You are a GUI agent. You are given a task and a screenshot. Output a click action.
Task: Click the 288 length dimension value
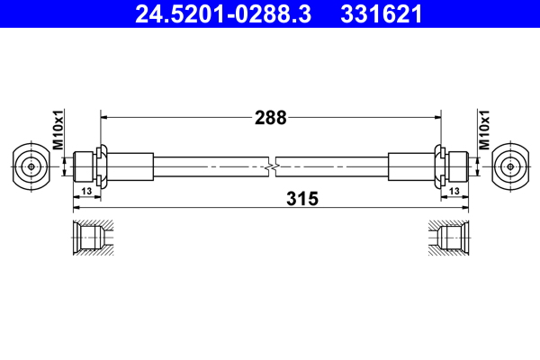coord(270,116)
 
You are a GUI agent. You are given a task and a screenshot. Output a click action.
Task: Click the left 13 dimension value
coord(86,191)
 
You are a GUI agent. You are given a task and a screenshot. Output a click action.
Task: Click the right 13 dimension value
coord(454,191)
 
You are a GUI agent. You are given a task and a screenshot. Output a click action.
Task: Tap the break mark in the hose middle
coord(271,166)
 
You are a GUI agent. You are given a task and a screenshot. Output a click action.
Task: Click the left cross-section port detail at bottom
coord(90,238)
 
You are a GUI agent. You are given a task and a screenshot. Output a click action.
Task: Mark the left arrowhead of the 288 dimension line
coord(103,116)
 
